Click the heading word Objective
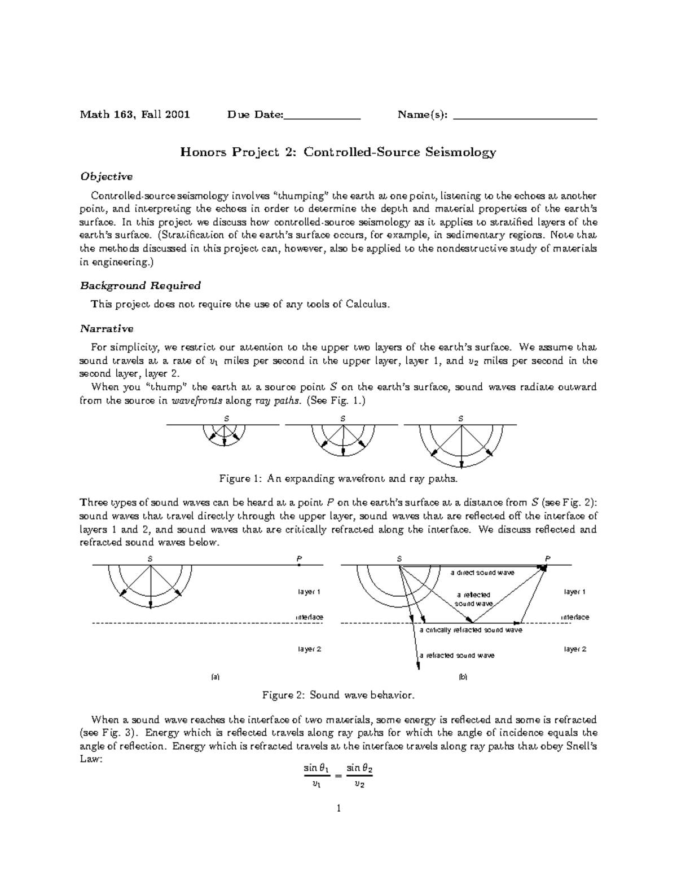click(106, 177)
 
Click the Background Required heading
click(140, 285)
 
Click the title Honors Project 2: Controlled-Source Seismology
click(338, 152)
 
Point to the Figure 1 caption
click(338, 479)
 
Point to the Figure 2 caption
click(338, 695)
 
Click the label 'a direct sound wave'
click(482, 573)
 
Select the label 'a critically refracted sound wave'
click(471, 630)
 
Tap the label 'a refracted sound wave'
click(457, 655)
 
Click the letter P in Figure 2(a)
click(299, 558)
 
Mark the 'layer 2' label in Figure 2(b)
click(575, 649)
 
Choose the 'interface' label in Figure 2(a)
click(310, 617)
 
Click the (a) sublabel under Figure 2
click(214, 676)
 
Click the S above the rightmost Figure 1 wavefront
click(461, 419)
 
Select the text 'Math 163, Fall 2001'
click(135, 115)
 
